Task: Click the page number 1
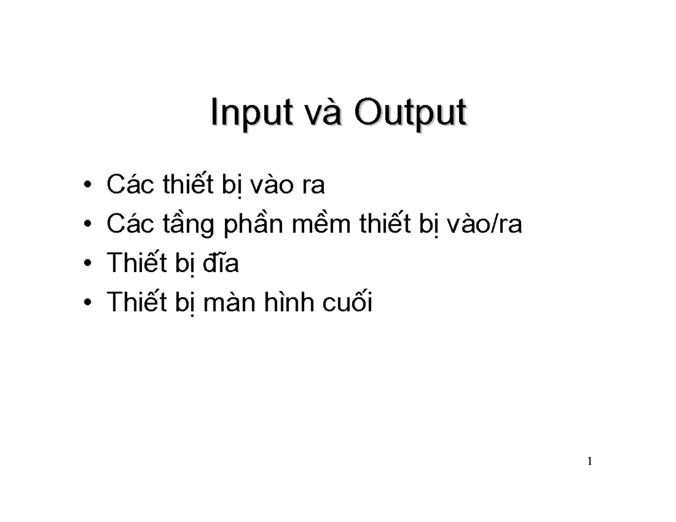(x=589, y=462)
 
